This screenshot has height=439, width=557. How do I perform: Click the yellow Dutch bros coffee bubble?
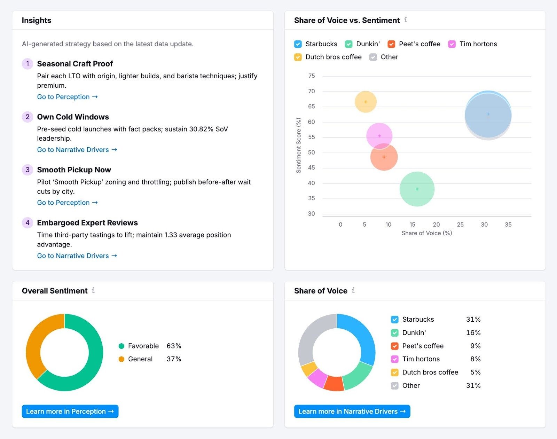click(x=366, y=102)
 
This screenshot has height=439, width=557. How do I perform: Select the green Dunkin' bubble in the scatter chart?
click(x=417, y=189)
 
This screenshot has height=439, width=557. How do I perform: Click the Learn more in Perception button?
click(x=70, y=411)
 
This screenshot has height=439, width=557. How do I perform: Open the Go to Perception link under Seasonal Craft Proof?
click(x=67, y=97)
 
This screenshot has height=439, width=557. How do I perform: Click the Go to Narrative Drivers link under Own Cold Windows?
click(x=77, y=150)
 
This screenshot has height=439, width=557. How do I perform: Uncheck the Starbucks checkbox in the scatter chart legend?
click(x=298, y=44)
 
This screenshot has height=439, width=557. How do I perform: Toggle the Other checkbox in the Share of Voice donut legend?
click(x=394, y=385)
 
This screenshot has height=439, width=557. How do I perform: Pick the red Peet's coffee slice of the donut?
click(x=334, y=383)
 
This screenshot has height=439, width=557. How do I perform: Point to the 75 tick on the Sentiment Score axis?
click(x=312, y=76)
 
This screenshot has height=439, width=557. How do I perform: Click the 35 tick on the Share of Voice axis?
click(x=508, y=225)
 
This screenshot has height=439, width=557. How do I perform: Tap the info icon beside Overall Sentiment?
click(x=93, y=290)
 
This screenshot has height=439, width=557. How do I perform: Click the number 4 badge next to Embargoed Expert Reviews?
click(x=28, y=223)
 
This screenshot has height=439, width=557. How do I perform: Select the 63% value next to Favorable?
click(x=174, y=346)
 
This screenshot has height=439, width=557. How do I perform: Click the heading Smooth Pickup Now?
click(x=74, y=170)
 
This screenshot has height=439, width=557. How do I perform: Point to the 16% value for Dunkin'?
click(x=473, y=332)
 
